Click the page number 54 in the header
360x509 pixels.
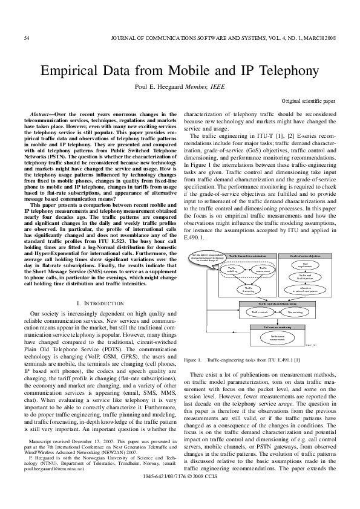coord(26,39)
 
